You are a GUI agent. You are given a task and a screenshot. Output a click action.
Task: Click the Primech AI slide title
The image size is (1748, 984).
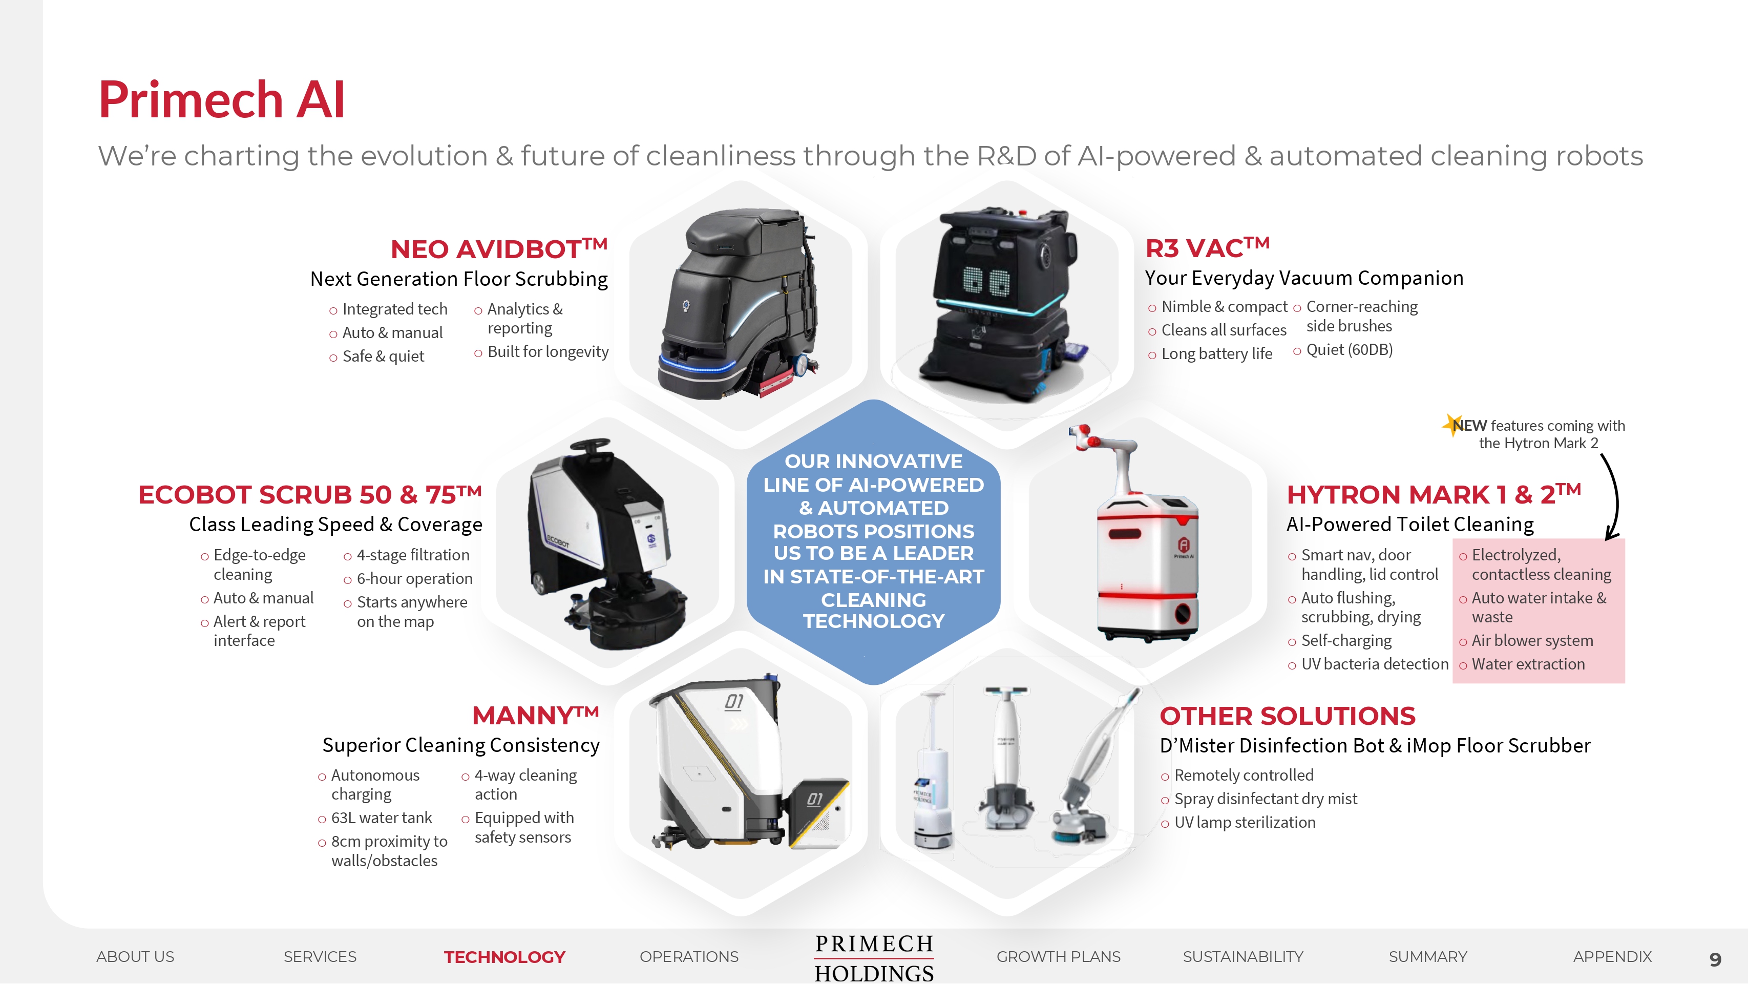[222, 100]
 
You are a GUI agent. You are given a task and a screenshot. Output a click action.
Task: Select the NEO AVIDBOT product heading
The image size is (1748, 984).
[499, 248]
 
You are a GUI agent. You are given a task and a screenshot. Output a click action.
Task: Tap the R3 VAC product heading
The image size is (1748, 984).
[1207, 248]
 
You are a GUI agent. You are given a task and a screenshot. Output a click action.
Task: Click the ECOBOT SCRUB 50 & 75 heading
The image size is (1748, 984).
[309, 494]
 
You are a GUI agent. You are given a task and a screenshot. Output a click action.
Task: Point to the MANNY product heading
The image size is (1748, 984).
[535, 715]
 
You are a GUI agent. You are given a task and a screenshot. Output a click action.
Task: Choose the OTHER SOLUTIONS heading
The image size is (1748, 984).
[1287, 716]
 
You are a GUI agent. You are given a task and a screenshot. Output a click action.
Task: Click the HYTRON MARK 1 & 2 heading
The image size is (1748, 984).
[1434, 494]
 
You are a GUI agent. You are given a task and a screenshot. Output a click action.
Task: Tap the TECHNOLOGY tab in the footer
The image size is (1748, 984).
[504, 957]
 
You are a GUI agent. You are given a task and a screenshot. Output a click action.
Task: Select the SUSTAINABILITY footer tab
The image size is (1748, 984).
[1242, 957]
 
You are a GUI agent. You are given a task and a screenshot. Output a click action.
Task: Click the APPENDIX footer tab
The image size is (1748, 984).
[1612, 957]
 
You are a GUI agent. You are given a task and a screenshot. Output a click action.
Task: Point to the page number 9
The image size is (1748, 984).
[1715, 959]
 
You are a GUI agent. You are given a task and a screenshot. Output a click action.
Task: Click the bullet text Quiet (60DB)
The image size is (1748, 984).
[1349, 349]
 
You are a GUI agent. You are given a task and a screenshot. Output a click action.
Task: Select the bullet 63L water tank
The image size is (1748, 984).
[382, 818]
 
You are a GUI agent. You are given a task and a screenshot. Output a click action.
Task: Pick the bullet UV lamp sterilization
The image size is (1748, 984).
[1245, 823]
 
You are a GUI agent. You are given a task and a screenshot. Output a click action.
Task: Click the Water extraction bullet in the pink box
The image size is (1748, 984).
[1528, 664]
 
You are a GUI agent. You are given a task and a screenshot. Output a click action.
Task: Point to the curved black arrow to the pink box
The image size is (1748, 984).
[1617, 499]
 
